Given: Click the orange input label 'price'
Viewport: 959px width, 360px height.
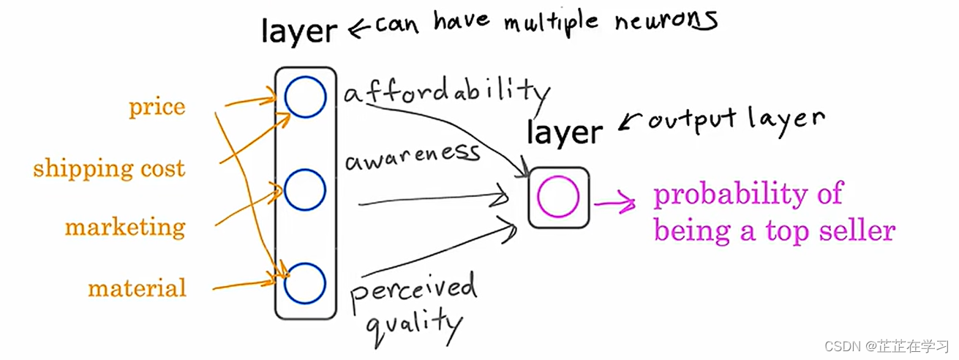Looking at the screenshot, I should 157,108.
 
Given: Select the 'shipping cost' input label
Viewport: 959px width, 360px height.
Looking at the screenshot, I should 109,169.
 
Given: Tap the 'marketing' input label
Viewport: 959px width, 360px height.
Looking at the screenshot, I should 125,228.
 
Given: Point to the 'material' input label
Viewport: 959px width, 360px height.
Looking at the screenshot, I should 137,288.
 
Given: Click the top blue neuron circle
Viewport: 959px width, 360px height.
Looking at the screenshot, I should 305,98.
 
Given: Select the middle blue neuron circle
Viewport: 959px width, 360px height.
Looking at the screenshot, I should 305,190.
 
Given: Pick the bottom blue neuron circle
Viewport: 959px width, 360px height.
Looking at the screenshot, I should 305,283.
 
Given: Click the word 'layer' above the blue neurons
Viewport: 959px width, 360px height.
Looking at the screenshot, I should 300,31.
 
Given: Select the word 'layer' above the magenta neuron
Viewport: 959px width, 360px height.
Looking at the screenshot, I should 565,132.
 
